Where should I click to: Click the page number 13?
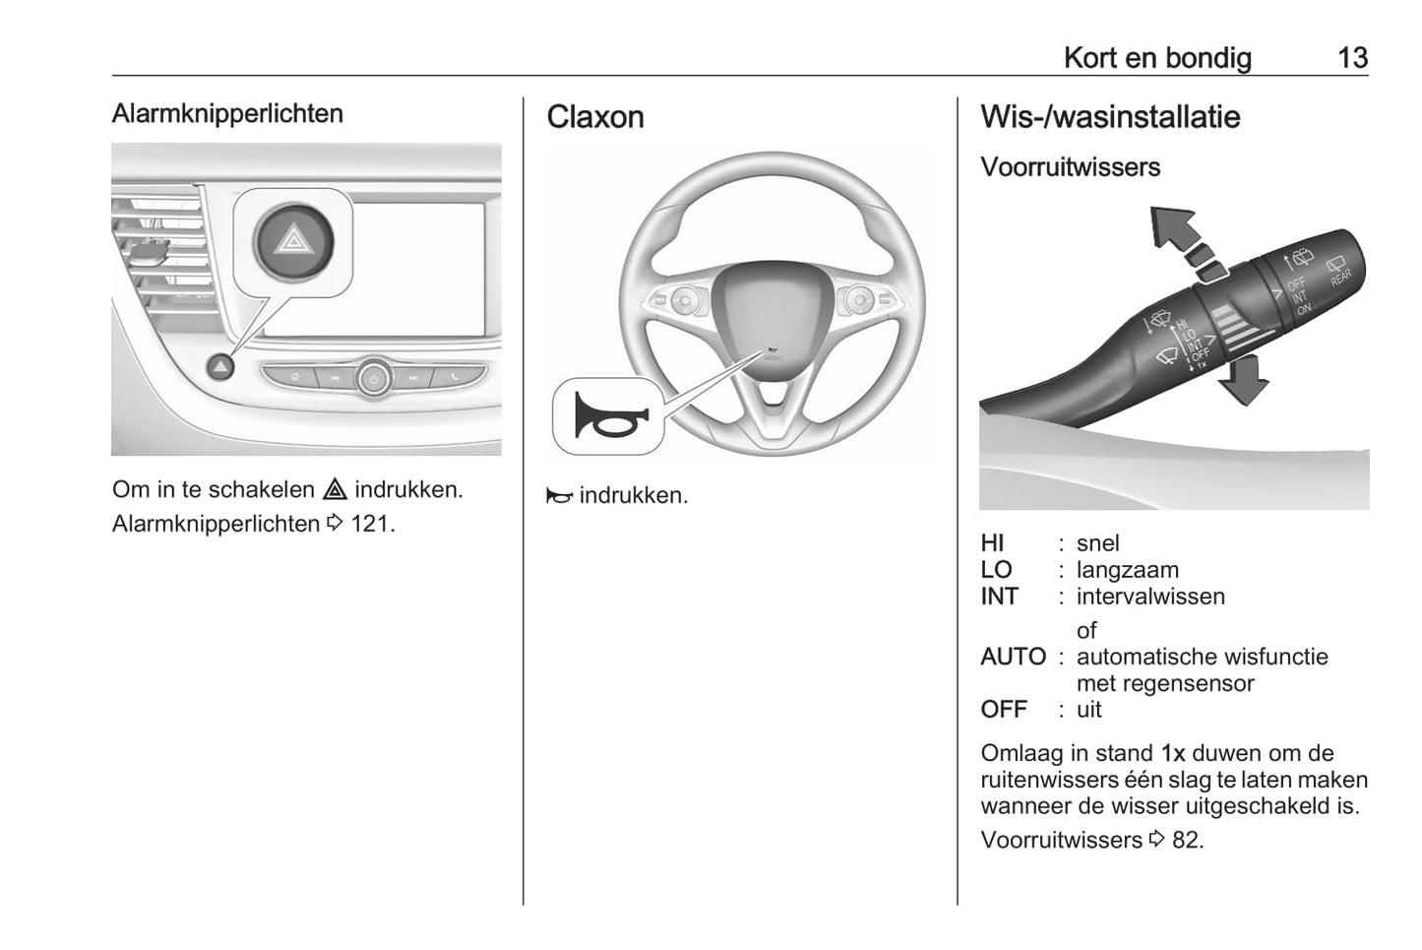[1352, 58]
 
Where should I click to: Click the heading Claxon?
[594, 117]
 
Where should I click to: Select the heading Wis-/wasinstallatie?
[1109, 117]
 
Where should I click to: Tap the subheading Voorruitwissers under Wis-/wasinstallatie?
[1070, 167]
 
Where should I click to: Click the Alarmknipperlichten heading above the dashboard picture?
[227, 113]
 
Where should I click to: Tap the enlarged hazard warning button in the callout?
[292, 241]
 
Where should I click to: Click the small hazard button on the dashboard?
[220, 367]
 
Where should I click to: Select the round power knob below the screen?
[374, 377]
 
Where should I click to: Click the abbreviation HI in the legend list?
[992, 543]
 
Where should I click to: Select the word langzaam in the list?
[1127, 570]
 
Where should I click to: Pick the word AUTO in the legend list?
[1013, 657]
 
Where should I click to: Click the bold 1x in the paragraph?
[1172, 754]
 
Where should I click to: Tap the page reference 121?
[371, 524]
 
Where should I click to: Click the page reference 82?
[1186, 840]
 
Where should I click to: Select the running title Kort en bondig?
[1156, 58]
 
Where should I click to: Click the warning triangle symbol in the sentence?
[335, 489]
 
